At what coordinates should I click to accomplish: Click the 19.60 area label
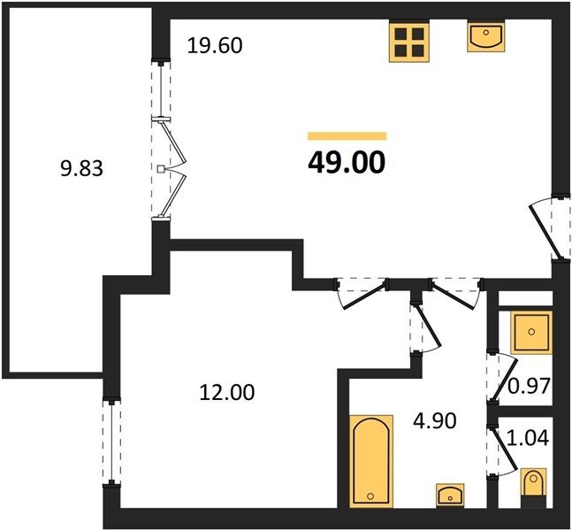pos(215,46)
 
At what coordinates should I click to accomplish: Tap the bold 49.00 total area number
pos(347,163)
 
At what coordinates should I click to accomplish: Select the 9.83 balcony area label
pos(81,169)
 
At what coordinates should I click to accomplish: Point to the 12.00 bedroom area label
pos(227,393)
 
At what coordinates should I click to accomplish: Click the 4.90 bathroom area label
pos(434,420)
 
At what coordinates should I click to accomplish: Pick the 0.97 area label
pos(529,386)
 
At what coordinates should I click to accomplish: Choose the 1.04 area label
pos(528,437)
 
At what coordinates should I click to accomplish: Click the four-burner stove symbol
pos(409,42)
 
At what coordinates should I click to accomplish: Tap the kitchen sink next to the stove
pos(486,36)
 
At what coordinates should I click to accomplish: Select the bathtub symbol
pos(371,461)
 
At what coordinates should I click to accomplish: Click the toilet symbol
pos(533,487)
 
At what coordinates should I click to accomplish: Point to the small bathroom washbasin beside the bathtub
pos(450,496)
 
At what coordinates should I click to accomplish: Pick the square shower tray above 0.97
pos(531,333)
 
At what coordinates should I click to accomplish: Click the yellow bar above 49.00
pos(347,136)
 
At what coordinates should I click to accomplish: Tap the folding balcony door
pos(169,169)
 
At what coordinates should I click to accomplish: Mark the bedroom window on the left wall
pos(111,442)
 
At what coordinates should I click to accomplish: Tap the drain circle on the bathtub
pos(371,496)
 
